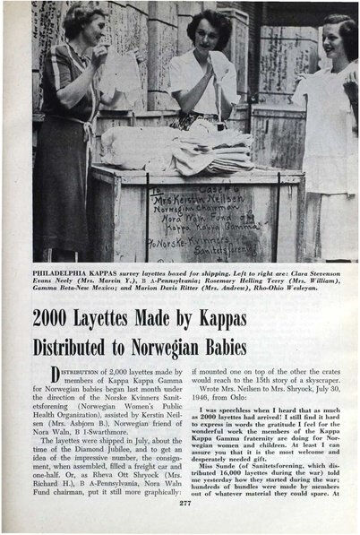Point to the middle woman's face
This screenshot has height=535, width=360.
pyautogui.click(x=207, y=31)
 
